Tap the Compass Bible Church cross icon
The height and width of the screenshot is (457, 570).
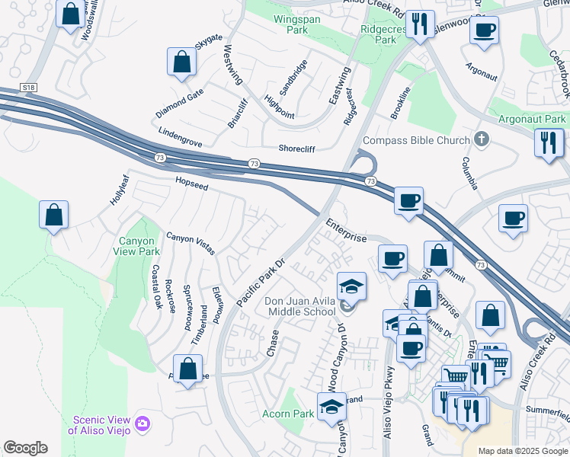click(x=480, y=139)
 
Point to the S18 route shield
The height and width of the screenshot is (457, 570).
click(x=29, y=88)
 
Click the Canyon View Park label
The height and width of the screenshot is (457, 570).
click(x=138, y=246)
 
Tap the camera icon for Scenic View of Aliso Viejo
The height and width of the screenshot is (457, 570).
click(x=142, y=423)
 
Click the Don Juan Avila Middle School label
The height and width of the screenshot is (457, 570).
click(x=299, y=306)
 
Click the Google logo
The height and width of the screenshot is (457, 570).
click(x=25, y=448)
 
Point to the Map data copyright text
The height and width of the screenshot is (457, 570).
click(x=522, y=451)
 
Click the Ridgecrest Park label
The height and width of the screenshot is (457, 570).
click(x=379, y=34)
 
